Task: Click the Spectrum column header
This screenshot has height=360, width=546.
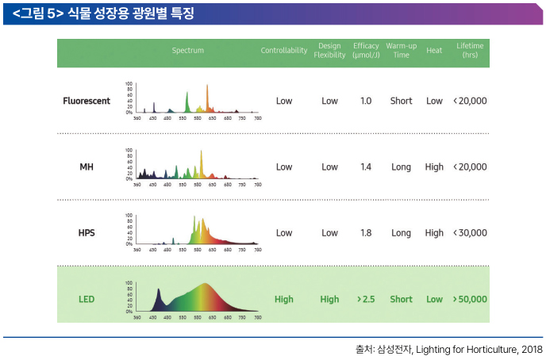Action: [188, 51]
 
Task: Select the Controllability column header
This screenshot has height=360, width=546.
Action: [283, 51]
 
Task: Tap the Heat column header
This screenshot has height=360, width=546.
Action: [434, 51]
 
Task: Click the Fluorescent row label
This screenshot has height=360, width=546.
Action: [87, 101]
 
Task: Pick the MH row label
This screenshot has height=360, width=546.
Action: [87, 167]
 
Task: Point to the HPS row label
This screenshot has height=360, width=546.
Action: [87, 233]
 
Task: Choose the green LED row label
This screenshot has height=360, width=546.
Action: [87, 300]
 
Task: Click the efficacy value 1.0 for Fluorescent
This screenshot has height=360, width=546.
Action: [366, 101]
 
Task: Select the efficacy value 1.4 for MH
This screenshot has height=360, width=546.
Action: [366, 167]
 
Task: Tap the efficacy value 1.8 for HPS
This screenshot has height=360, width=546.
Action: [366, 233]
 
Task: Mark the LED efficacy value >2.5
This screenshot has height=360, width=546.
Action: [366, 300]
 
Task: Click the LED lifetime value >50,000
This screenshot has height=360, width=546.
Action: [470, 300]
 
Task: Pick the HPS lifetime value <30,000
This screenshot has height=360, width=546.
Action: [470, 233]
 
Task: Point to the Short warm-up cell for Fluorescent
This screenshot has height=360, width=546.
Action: [401, 101]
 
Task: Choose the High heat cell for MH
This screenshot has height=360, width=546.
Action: [434, 167]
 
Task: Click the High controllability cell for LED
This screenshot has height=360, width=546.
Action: [283, 300]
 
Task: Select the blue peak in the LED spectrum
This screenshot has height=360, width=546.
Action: [159, 298]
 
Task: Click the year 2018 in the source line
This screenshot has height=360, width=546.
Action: [532, 349]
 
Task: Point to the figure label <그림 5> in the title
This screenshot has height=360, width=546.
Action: [38, 13]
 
